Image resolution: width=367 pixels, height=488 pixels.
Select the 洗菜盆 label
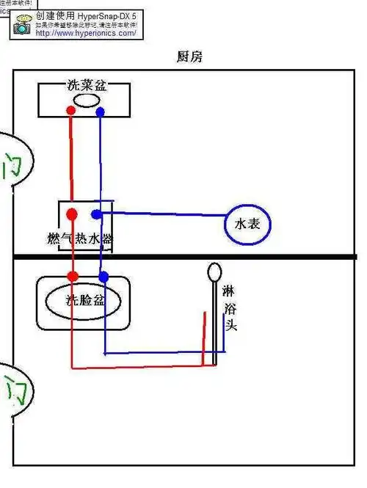coord(87,86)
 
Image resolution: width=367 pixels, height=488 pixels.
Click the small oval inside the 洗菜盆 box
coord(86,101)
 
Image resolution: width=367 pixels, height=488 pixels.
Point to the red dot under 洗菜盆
coord(70,112)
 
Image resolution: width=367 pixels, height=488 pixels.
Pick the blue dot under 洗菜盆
coord(100,112)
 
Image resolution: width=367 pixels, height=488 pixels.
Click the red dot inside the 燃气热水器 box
coord(72,214)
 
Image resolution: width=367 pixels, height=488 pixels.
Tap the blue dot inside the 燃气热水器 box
coord(95,214)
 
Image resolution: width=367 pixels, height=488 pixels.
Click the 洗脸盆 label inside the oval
coord(84,300)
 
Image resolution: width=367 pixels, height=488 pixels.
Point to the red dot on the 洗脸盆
coord(73,276)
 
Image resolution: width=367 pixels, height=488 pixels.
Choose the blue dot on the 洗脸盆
coord(103,277)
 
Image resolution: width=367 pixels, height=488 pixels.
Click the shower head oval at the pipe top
coord(213,272)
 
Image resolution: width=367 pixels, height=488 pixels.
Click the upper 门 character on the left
coord(12,167)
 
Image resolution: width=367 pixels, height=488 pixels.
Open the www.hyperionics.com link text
coord(85,33)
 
